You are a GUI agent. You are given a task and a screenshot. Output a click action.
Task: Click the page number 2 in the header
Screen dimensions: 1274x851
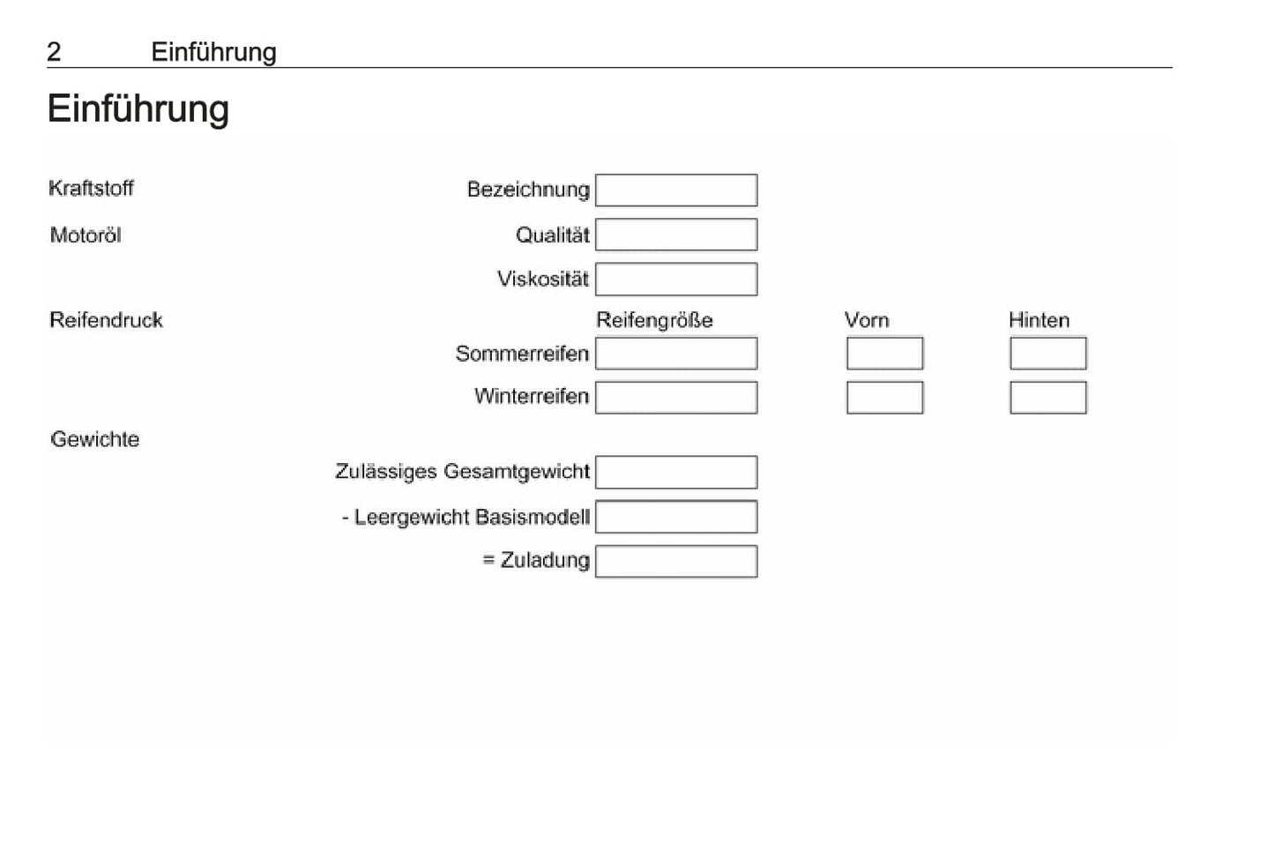54,52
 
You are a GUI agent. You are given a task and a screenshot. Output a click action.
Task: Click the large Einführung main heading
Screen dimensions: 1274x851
138,108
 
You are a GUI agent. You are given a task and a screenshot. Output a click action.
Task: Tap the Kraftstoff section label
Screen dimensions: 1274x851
91,188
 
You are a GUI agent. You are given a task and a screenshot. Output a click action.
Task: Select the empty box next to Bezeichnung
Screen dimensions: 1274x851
676,190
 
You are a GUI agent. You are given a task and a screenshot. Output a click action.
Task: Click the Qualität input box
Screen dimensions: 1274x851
676,235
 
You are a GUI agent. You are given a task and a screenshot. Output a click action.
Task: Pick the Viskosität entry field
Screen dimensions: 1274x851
676,280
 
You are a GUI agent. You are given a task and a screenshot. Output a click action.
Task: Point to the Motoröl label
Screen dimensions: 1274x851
86,235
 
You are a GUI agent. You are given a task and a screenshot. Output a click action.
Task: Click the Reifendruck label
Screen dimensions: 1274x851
107,320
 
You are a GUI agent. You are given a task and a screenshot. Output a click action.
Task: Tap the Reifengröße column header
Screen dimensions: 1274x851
654,320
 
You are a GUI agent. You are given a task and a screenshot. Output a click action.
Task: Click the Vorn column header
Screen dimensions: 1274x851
867,320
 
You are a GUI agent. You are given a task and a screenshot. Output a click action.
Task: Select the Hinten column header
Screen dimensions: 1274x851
1039,320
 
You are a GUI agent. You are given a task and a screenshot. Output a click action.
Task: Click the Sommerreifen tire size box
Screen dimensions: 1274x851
676,354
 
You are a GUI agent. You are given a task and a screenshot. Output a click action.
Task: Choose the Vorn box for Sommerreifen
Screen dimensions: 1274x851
885,354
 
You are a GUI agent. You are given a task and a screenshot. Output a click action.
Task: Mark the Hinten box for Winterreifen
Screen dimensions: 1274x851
1048,398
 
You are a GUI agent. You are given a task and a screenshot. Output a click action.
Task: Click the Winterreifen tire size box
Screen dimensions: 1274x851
676,398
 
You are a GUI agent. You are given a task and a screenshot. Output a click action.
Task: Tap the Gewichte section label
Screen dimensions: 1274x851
95,439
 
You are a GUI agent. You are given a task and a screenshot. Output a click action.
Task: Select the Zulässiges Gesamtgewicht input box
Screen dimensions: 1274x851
676,472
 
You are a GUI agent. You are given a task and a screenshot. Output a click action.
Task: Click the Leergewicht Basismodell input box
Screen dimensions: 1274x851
676,517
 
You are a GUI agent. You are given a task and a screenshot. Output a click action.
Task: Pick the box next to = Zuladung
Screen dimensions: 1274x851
676,562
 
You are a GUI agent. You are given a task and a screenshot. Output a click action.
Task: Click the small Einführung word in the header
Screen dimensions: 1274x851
214,52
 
